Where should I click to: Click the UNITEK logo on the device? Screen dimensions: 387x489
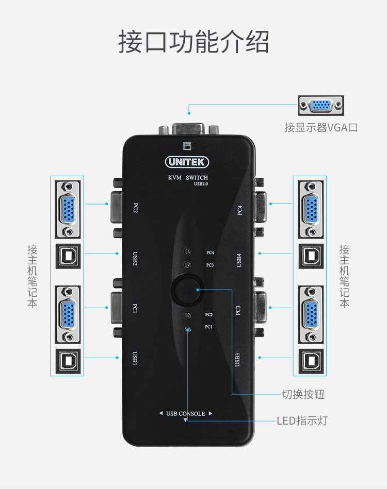coord(187,162)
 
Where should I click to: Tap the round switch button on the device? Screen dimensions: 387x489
coord(187,290)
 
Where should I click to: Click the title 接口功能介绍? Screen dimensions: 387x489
coord(193,41)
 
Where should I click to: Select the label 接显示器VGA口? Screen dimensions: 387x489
coord(321,128)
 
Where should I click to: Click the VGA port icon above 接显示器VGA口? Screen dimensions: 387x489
coord(321,106)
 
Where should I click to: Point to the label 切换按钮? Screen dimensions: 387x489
coord(303,394)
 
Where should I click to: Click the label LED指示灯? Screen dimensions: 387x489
coord(302,420)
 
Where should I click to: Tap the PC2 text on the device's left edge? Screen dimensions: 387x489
coord(136,208)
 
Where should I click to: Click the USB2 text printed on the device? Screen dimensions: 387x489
coord(135,259)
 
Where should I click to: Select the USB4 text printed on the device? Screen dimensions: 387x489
coord(239,260)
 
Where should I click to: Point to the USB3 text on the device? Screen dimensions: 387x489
coord(237,360)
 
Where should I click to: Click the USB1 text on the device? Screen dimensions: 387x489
coord(135,358)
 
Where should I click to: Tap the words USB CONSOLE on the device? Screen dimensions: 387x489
coord(186,414)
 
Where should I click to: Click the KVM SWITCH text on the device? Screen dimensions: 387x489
coord(188,177)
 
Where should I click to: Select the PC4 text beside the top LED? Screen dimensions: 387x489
coord(210,252)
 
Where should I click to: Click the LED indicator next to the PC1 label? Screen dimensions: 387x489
coord(187,329)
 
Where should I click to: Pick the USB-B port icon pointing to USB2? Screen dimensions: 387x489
coord(68,256)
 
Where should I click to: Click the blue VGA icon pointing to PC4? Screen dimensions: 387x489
coord(311,210)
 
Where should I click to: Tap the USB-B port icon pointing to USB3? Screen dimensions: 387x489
coord(311,361)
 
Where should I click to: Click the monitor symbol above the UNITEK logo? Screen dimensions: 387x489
coord(187,146)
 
